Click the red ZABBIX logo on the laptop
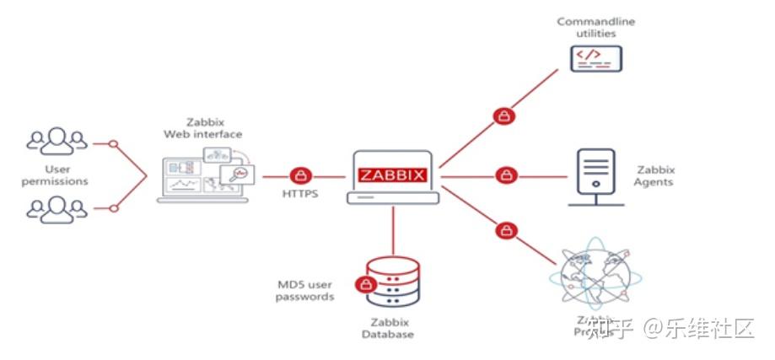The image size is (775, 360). (392, 176)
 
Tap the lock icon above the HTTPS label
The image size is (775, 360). (301, 176)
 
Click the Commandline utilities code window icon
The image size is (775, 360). (595, 58)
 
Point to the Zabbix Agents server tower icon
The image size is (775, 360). (595, 177)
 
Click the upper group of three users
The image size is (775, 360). (57, 142)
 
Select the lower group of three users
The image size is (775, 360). (57, 209)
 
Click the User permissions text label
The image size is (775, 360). (57, 175)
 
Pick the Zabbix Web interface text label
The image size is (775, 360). (214, 128)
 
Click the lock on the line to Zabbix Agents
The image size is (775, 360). (505, 176)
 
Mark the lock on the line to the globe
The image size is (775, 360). (504, 229)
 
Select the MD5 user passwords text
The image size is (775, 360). (305, 290)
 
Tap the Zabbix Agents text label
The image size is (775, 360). (654, 175)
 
